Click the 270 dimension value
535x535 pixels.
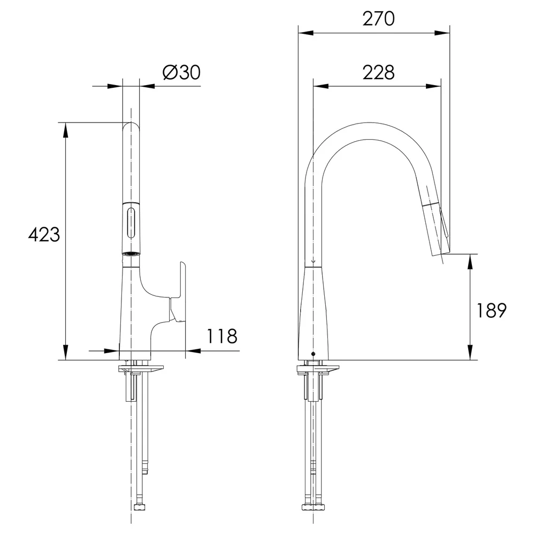click(378, 19)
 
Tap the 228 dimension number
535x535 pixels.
click(378, 72)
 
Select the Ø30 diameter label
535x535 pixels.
click(181, 72)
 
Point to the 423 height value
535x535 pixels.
click(44, 235)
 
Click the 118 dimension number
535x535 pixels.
click(222, 336)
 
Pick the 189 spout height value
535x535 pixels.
click(491, 310)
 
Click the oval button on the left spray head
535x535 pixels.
click(131, 224)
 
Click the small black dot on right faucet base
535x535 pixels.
click(313, 354)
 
